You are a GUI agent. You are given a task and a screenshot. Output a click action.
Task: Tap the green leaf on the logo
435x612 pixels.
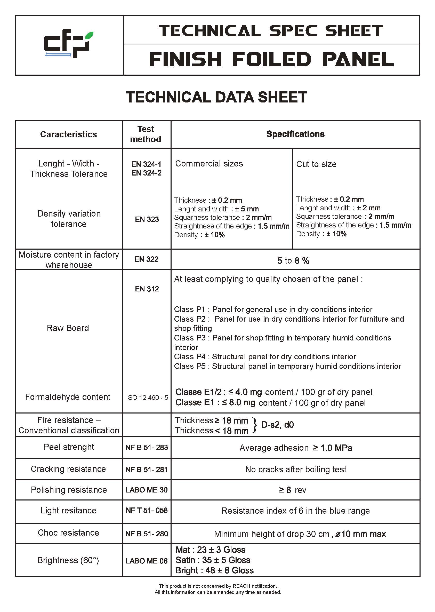[x=89, y=36]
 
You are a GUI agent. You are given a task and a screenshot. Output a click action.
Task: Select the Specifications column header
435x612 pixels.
[x=295, y=134]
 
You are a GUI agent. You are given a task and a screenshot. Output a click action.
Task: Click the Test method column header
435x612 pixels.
[x=146, y=134]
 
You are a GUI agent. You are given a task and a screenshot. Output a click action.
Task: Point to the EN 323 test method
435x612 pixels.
[x=147, y=219]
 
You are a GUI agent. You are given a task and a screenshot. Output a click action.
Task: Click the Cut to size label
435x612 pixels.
[x=316, y=164]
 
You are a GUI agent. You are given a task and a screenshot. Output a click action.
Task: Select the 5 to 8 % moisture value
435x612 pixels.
[x=293, y=260]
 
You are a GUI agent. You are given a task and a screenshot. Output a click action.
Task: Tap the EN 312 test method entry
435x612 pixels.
[x=147, y=289]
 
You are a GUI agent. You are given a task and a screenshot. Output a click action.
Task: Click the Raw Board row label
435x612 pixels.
[x=68, y=328]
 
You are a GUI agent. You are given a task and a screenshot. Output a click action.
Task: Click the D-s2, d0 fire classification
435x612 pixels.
[x=277, y=425]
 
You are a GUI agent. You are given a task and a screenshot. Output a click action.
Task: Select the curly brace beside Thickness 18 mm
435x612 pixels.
[x=255, y=425]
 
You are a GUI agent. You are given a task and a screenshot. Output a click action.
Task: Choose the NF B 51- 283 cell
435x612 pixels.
[x=147, y=448]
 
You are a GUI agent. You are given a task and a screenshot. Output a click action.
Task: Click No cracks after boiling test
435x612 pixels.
[x=296, y=470]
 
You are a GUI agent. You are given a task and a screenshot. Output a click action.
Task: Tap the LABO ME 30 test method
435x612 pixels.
[x=147, y=490]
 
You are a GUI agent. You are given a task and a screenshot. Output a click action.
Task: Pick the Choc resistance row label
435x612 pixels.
[x=68, y=533]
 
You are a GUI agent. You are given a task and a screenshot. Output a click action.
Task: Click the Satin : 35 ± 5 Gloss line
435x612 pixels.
[x=213, y=560]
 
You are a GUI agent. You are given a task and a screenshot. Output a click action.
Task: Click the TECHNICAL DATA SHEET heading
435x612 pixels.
[x=216, y=97]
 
